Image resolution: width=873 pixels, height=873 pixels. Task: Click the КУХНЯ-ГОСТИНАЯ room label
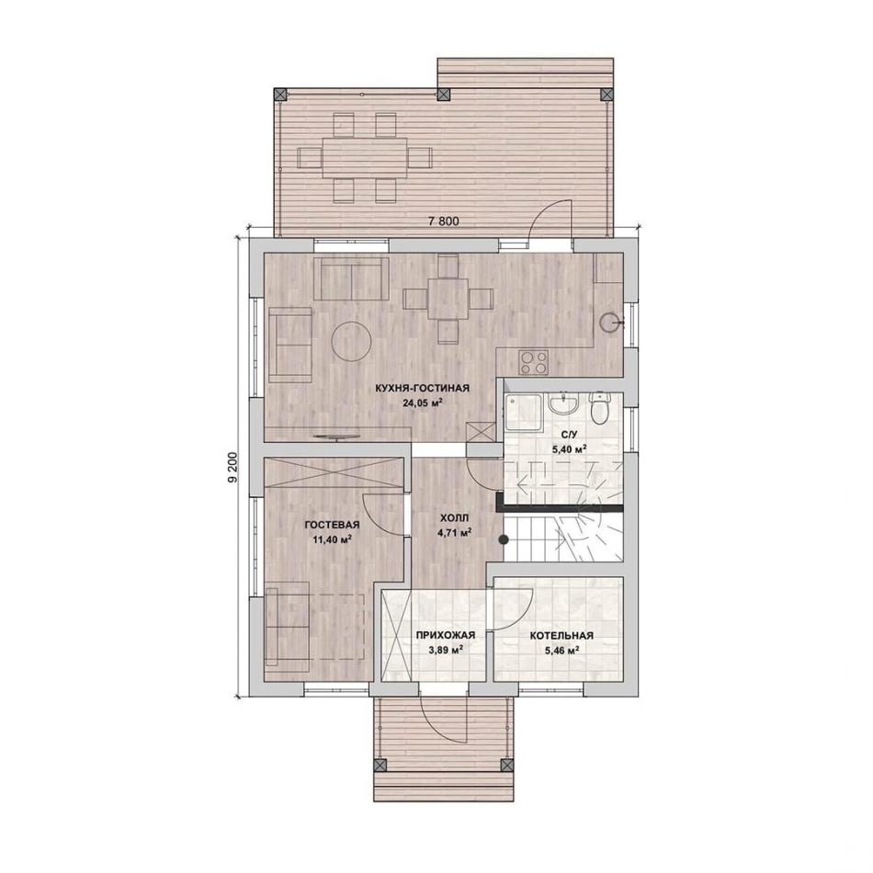point(422,388)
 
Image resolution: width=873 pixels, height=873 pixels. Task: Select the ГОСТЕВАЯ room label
point(333,525)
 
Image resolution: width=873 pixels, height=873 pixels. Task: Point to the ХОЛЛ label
point(454,517)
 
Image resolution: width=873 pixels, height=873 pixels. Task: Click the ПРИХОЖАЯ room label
point(446,635)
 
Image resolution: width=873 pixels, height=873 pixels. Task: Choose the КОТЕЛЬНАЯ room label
point(561,635)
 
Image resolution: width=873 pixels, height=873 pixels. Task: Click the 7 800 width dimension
point(444,221)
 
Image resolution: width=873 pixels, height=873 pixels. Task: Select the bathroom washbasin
point(564,403)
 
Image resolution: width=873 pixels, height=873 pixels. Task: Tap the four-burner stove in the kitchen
point(533,362)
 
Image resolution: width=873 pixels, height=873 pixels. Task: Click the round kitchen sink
point(610,322)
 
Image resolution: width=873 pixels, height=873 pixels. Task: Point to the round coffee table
point(351,341)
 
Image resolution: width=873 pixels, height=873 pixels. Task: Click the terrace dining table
point(364,157)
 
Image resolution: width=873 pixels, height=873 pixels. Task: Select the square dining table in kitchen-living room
point(448,299)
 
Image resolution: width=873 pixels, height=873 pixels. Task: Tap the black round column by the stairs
point(503,539)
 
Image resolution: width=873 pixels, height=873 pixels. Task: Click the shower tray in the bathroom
point(523,413)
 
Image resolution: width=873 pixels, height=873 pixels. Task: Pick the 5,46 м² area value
point(561,650)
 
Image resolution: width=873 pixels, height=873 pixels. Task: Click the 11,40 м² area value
point(333,539)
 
